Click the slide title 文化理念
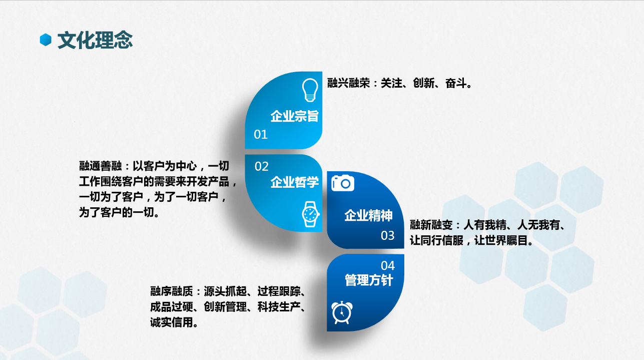pyautogui.click(x=95, y=40)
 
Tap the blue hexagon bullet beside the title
pyautogui.click(x=46, y=40)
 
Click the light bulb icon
pyautogui.click(x=310, y=90)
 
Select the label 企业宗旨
pyautogui.click(x=294, y=116)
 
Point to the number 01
pyautogui.click(x=261, y=134)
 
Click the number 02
pyautogui.click(x=261, y=166)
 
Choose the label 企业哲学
pyautogui.click(x=294, y=182)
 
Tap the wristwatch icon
pyautogui.click(x=311, y=214)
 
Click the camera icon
pyautogui.click(x=342, y=183)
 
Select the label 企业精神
pyautogui.click(x=368, y=215)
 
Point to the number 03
pyautogui.click(x=387, y=236)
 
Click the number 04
pyautogui.click(x=388, y=265)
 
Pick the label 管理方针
pyautogui.click(x=369, y=280)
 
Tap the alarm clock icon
pyautogui.click(x=342, y=313)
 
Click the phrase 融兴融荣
pyautogui.click(x=348, y=83)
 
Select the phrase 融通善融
pyautogui.click(x=101, y=166)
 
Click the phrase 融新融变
pyautogui.click(x=431, y=225)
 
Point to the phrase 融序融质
pyautogui.click(x=171, y=291)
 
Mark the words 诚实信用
pyautogui.click(x=171, y=322)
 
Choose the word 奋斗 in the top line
pyautogui.click(x=456, y=83)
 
